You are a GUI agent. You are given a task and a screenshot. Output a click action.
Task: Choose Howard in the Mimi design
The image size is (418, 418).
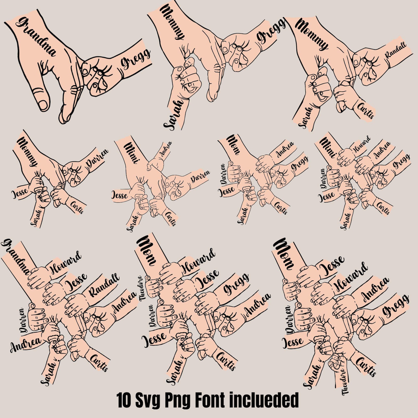(x=361, y=145)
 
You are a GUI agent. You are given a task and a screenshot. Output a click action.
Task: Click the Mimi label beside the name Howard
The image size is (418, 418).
(x=328, y=147)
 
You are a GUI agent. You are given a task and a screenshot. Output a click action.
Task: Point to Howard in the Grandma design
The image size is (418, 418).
(x=66, y=263)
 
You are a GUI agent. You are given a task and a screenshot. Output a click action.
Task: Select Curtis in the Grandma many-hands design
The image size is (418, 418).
(x=99, y=363)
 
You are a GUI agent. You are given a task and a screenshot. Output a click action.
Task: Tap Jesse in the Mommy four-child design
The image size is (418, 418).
(x=19, y=194)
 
